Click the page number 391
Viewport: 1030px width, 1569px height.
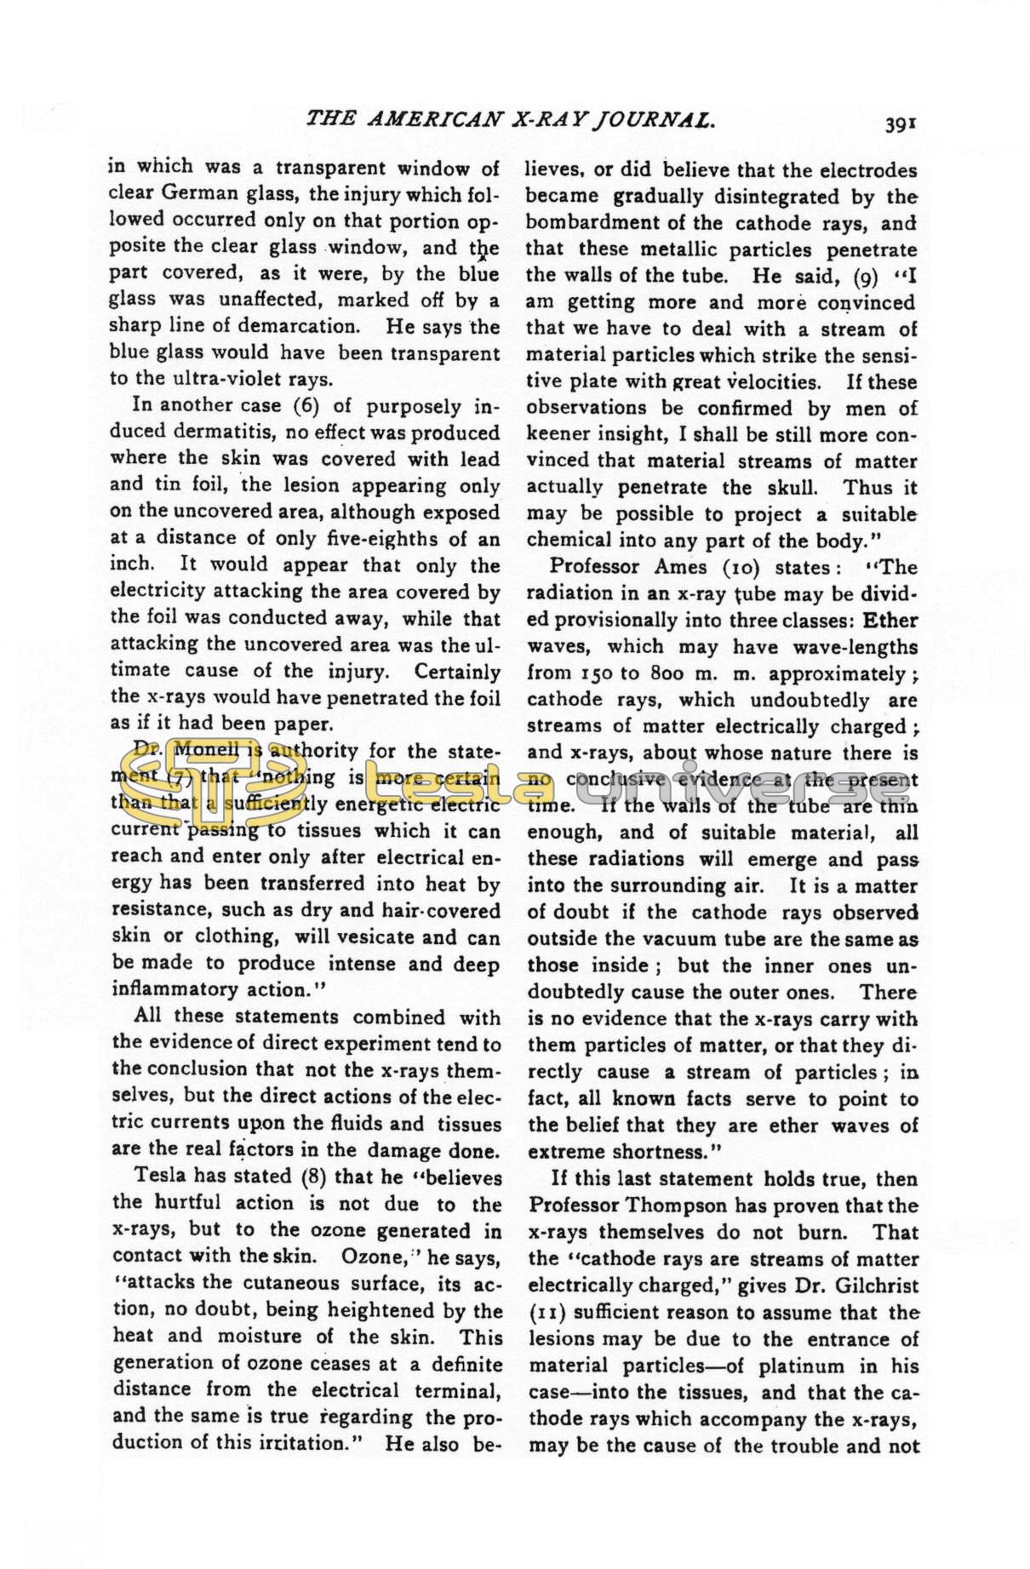coord(899,124)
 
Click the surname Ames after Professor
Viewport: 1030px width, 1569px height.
coord(682,567)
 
